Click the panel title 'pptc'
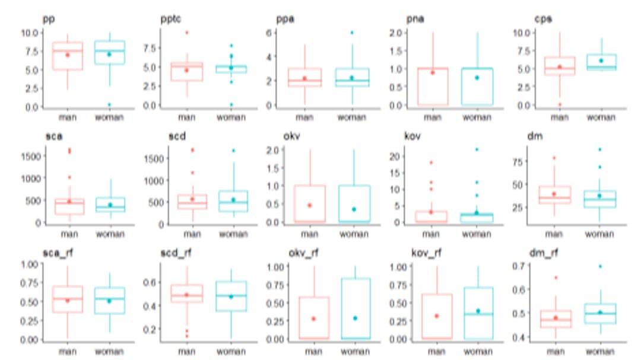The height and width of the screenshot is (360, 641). pyautogui.click(x=172, y=19)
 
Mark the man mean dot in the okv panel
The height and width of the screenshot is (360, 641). pyautogui.click(x=309, y=205)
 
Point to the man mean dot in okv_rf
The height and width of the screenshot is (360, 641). pyautogui.click(x=314, y=319)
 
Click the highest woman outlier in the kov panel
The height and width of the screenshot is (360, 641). pyautogui.click(x=476, y=149)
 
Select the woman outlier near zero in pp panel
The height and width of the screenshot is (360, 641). pyautogui.click(x=109, y=104)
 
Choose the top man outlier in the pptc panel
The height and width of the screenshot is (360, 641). pyautogui.click(x=186, y=33)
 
